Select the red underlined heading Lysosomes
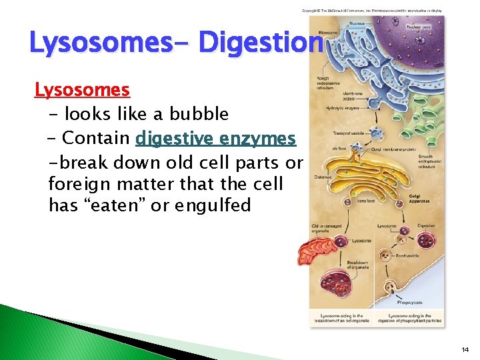coord(82,89)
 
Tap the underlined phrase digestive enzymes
coord(215,138)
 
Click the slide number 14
coord(464,349)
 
